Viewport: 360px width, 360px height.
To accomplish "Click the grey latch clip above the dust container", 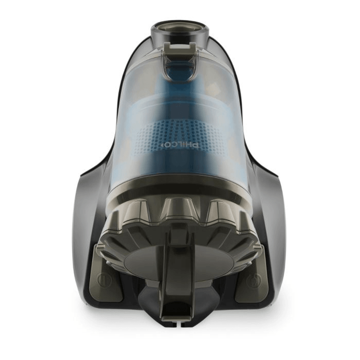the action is [180, 49].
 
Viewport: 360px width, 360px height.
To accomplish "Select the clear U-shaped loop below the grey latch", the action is [180, 69].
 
